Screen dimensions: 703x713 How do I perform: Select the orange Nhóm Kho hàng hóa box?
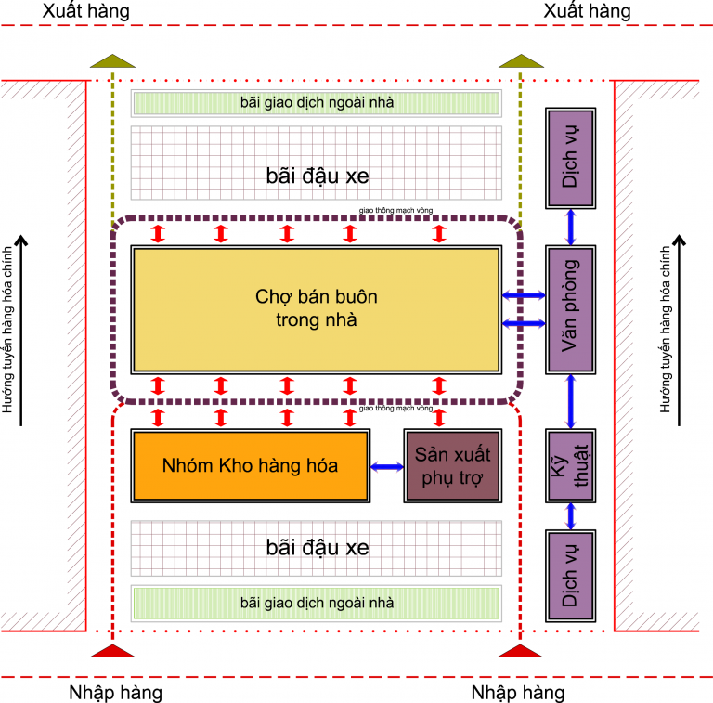(x=250, y=465)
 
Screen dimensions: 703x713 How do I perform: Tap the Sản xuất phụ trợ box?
(x=453, y=465)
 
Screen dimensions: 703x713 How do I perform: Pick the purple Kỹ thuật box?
(x=570, y=465)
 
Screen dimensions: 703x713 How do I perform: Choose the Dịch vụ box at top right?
(x=570, y=158)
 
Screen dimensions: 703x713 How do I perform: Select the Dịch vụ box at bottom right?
(x=570, y=576)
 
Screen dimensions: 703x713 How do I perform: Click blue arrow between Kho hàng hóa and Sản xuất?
(x=387, y=466)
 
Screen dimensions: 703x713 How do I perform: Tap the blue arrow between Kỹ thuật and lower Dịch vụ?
(x=570, y=515)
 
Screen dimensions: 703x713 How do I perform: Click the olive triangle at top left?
(x=111, y=61)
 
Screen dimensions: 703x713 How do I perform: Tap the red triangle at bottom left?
(x=111, y=651)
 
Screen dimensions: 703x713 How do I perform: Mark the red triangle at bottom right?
(x=520, y=651)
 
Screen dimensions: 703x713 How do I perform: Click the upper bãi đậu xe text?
(x=317, y=176)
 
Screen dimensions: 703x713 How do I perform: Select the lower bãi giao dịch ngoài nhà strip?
(x=317, y=603)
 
